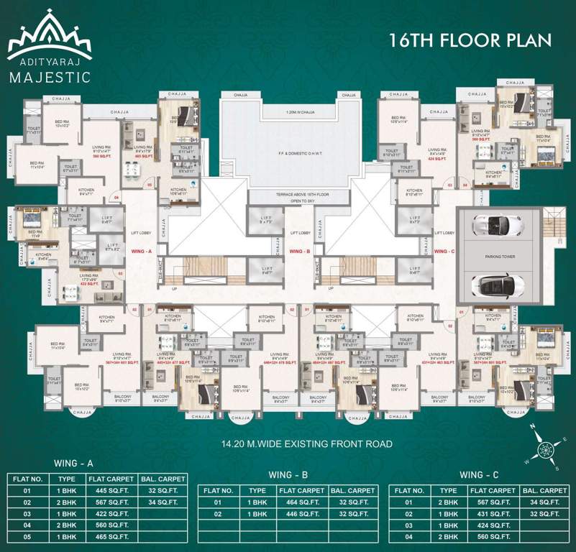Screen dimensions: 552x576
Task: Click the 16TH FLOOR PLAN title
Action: (x=470, y=39)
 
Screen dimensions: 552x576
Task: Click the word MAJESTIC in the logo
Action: (x=50, y=77)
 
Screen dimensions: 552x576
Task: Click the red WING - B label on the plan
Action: (x=298, y=252)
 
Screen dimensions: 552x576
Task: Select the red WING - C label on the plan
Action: (x=444, y=252)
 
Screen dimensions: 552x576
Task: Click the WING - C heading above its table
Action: (x=480, y=475)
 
